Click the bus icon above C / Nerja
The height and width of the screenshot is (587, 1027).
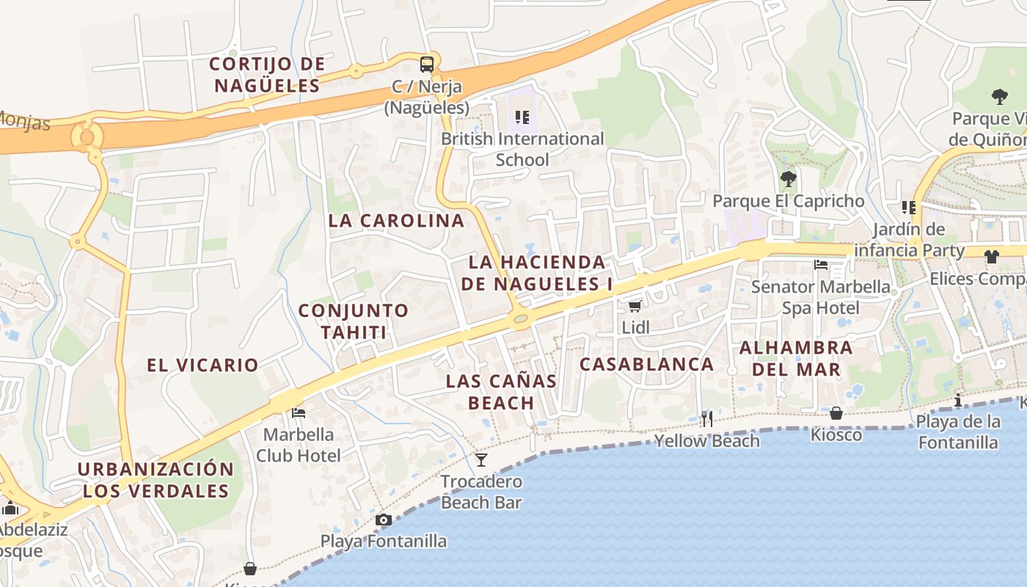click(427, 64)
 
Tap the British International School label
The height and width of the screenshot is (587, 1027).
click(522, 149)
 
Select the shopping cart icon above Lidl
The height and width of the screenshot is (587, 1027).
click(635, 306)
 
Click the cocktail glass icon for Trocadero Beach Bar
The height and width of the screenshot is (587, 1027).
click(481, 460)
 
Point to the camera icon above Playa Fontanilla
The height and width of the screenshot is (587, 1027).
click(383, 520)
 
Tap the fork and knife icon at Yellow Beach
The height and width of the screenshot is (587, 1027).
click(707, 419)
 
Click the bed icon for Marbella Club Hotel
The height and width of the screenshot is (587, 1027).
click(299, 412)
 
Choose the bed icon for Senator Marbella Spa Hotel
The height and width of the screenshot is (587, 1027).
click(821, 264)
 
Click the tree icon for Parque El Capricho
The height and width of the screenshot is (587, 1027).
click(788, 178)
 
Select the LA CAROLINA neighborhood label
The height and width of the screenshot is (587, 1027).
click(396, 220)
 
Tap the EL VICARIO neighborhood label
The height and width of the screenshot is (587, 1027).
click(202, 365)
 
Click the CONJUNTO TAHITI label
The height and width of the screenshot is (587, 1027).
click(354, 321)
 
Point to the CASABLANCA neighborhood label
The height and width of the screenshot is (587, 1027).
click(646, 364)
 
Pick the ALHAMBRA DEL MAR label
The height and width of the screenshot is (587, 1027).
click(796, 358)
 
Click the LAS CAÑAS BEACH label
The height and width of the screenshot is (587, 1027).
click(502, 392)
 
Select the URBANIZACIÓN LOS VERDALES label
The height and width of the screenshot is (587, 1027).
click(156, 480)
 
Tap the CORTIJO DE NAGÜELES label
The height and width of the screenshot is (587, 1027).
click(267, 74)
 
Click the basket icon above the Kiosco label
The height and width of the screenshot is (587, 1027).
click(836, 413)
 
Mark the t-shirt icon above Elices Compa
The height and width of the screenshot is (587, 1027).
click(992, 257)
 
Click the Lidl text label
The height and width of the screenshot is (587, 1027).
click(635, 327)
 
